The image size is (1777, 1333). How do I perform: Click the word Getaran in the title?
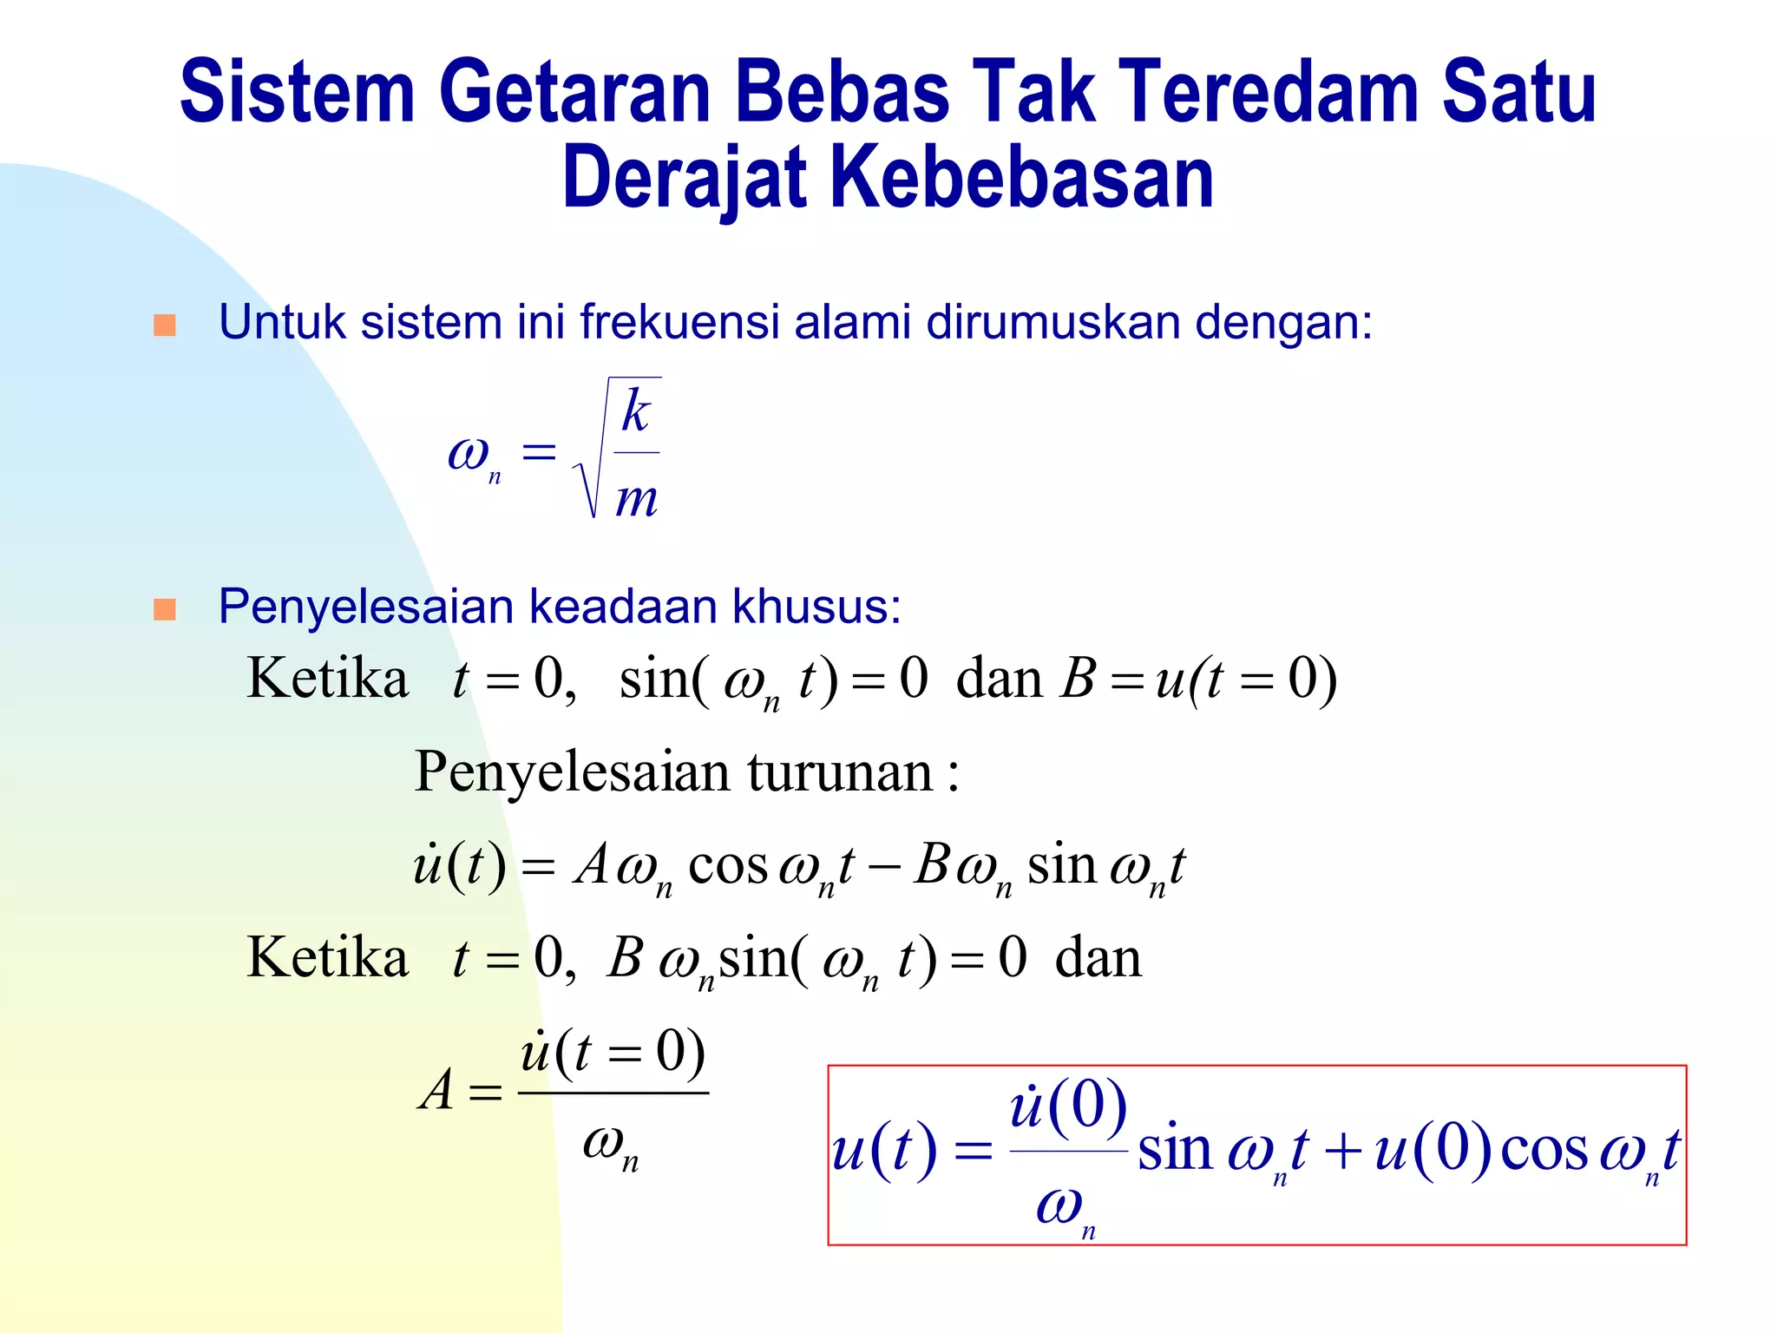tap(575, 92)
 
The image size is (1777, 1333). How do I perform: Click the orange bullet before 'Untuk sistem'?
tap(165, 325)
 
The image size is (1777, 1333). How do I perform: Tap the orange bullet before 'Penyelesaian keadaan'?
tap(165, 609)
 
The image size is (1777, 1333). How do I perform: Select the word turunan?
tap(840, 772)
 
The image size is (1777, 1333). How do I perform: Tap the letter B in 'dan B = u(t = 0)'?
tap(1078, 679)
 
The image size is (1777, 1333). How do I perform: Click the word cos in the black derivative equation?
tap(727, 866)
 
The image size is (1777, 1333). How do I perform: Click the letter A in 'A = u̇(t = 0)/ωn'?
tap(436, 1090)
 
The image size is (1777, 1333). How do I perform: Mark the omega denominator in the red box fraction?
tap(1062, 1206)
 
